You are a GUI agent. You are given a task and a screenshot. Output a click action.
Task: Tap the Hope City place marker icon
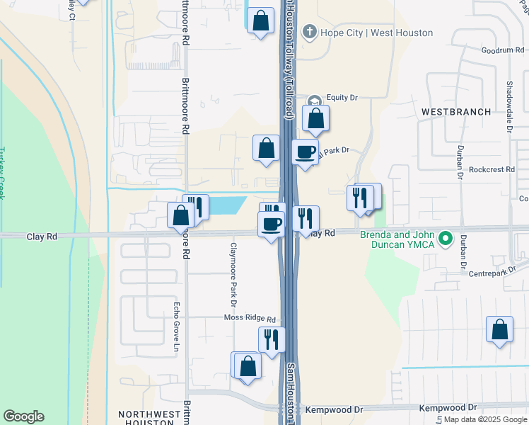coord(308,32)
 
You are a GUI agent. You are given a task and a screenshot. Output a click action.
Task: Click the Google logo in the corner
coord(23,416)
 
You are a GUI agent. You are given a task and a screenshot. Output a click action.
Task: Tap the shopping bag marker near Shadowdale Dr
coord(499,329)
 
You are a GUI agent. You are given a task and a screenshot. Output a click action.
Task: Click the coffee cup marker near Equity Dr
coord(306,152)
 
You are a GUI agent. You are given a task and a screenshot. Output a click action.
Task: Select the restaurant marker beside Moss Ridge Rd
coord(272,340)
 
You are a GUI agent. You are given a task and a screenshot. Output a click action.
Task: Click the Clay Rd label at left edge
coord(42,237)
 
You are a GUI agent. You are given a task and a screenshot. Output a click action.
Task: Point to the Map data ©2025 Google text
coord(484,419)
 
